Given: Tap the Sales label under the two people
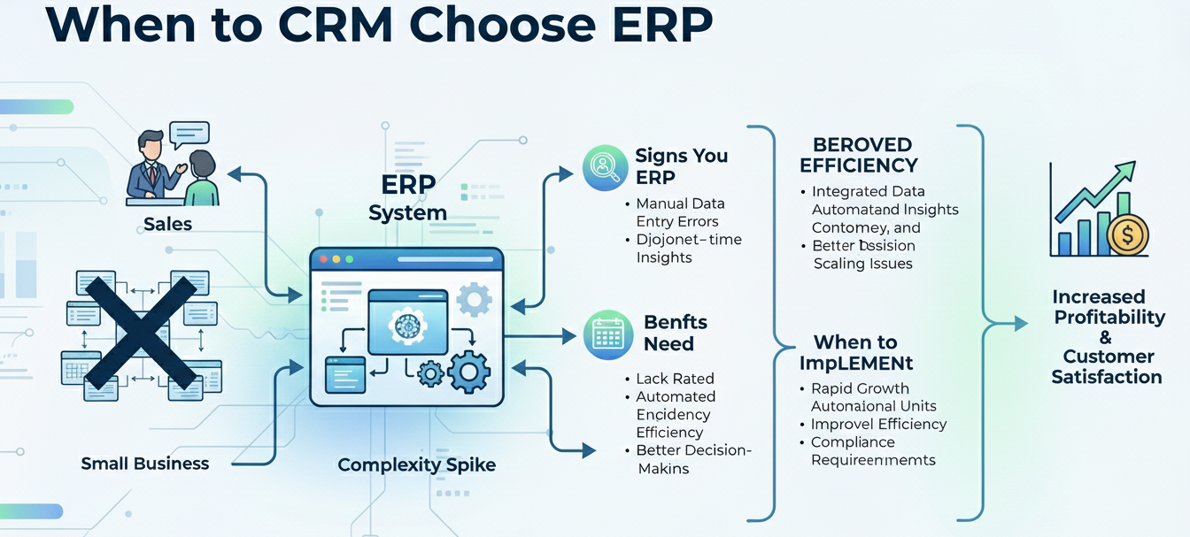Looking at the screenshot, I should point(167,224).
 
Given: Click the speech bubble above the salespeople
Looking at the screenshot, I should point(189,134).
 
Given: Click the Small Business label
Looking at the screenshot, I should point(145,464).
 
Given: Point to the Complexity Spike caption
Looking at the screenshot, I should point(416,465).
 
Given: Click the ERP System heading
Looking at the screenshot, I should point(407,199).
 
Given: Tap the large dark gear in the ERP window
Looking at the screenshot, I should point(468,371).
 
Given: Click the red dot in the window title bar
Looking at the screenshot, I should point(323,260).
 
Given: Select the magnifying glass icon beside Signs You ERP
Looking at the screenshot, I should point(605,167).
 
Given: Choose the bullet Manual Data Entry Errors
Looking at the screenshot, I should point(680,212).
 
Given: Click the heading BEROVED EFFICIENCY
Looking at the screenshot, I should point(858,155).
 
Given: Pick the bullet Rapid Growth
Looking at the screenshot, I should point(860,388).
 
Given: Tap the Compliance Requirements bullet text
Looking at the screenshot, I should point(872,451).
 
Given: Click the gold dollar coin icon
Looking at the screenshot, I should point(1127,235).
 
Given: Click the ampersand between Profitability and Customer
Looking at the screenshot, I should point(1105,337).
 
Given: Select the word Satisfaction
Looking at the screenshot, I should point(1107,377).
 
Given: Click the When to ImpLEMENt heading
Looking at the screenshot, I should point(855,352).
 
